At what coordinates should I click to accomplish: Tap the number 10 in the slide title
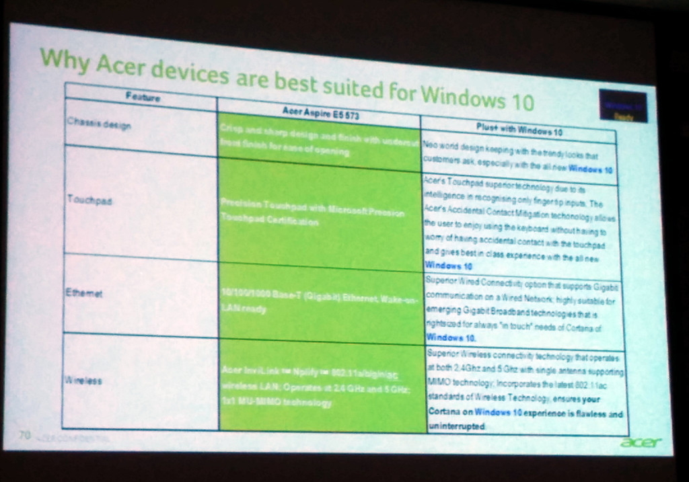tap(519, 102)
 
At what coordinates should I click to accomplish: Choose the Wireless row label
tap(84, 380)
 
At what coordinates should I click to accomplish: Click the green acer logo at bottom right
tap(641, 442)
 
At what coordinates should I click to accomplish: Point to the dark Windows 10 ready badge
tap(622, 107)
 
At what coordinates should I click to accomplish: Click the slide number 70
tap(24, 436)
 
